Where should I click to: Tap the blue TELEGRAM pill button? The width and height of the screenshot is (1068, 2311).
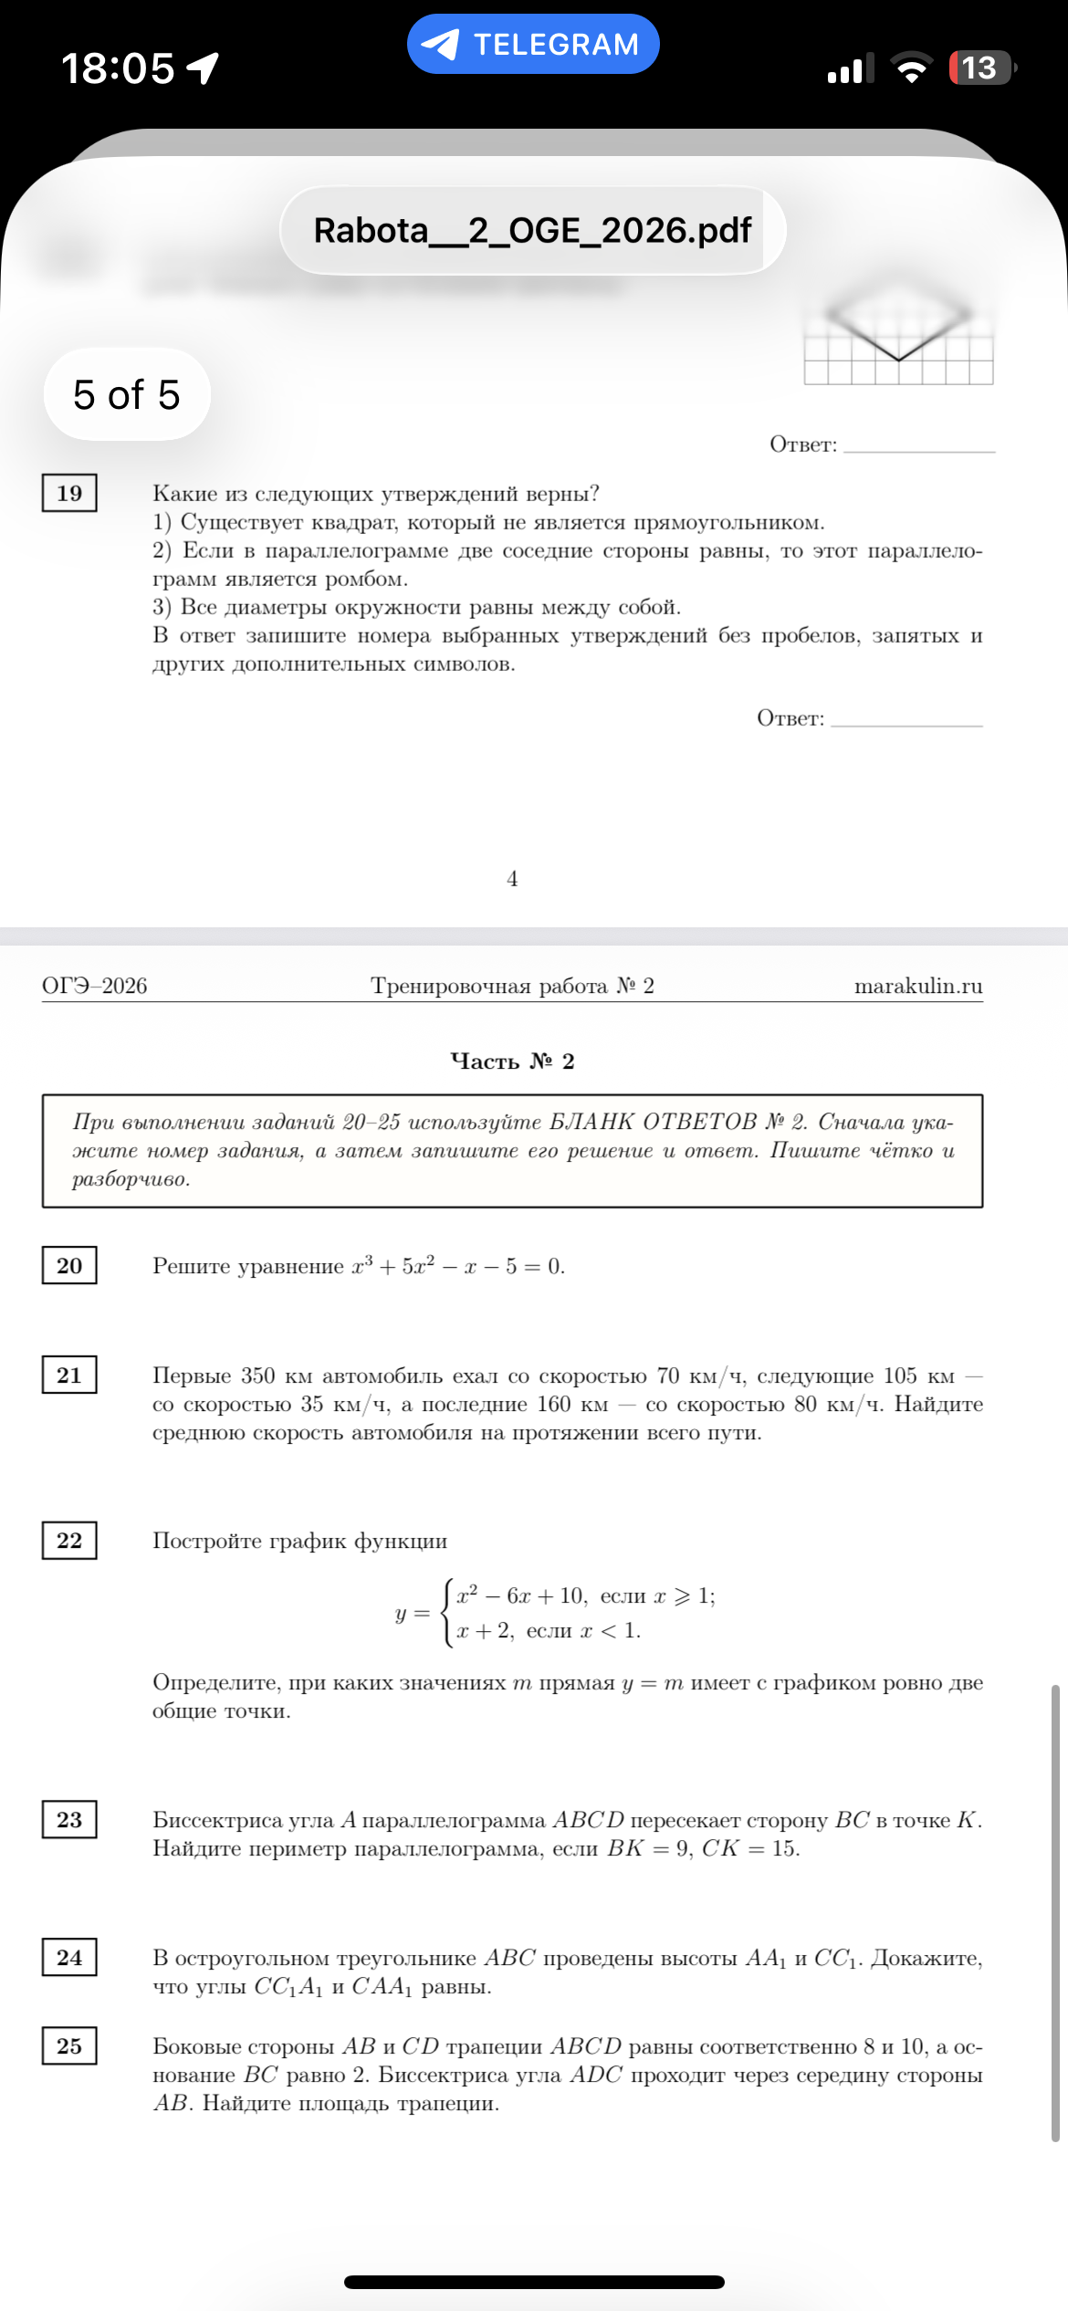[x=533, y=44]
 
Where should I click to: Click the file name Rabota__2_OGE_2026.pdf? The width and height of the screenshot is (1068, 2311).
[x=532, y=231]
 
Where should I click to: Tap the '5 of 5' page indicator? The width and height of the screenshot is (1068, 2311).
[x=127, y=394]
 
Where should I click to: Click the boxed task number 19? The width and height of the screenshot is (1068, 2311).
[x=69, y=494]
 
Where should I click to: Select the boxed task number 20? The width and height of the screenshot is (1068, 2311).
[x=69, y=1266]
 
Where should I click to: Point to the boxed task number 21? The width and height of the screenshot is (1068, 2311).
[x=69, y=1375]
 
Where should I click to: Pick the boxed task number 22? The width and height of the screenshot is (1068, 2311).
[x=69, y=1541]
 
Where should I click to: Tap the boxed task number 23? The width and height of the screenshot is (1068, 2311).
[x=69, y=1820]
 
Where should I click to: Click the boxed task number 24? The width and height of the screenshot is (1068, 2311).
[x=69, y=1958]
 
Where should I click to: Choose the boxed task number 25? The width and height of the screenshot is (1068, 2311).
[x=69, y=2046]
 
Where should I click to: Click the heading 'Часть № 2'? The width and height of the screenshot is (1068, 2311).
[x=512, y=1061]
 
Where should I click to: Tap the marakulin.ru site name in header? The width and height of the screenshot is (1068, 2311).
[x=917, y=986]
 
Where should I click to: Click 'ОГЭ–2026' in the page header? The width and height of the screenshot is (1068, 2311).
[x=95, y=986]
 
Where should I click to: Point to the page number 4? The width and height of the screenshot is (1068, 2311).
[x=512, y=878]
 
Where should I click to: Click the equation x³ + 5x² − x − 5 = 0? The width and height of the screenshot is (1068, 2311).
[x=458, y=1266]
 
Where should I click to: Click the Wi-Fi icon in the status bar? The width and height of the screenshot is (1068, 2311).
[x=911, y=68]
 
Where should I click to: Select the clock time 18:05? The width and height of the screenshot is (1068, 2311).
[x=118, y=68]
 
